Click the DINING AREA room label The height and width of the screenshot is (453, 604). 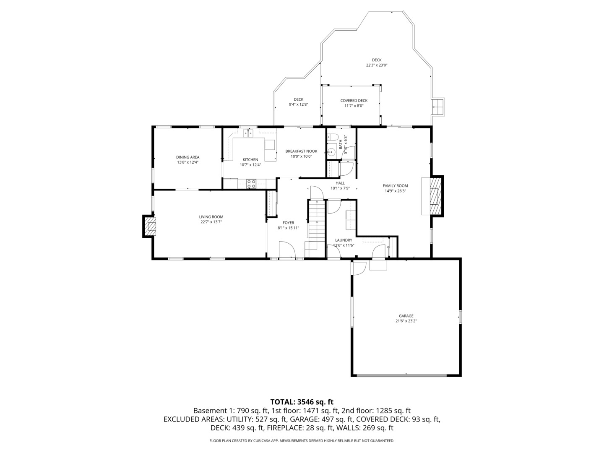pos(187,157)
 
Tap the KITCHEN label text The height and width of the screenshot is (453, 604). pos(250,159)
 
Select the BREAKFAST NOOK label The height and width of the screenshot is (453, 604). pos(301,151)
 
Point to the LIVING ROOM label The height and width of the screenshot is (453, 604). pos(211,217)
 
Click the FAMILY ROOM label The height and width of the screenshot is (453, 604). pos(395,186)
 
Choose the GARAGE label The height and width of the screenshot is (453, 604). pos(406,316)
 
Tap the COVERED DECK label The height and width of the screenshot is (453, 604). pos(354,101)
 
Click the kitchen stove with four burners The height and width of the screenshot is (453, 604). pos(251,183)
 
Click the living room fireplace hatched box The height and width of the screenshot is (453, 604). pos(150,226)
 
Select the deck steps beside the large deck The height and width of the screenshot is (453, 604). pos(438,107)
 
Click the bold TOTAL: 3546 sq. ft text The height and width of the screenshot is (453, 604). pos(302,402)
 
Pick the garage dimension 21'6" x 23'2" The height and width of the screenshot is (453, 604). pos(406,321)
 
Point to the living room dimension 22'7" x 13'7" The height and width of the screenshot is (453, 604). pos(211,222)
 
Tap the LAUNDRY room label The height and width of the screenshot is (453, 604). pos(344,240)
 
